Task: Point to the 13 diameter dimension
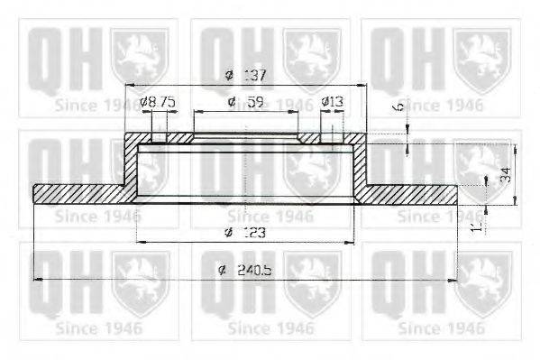[x=335, y=102]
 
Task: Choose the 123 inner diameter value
[x=250, y=234]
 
